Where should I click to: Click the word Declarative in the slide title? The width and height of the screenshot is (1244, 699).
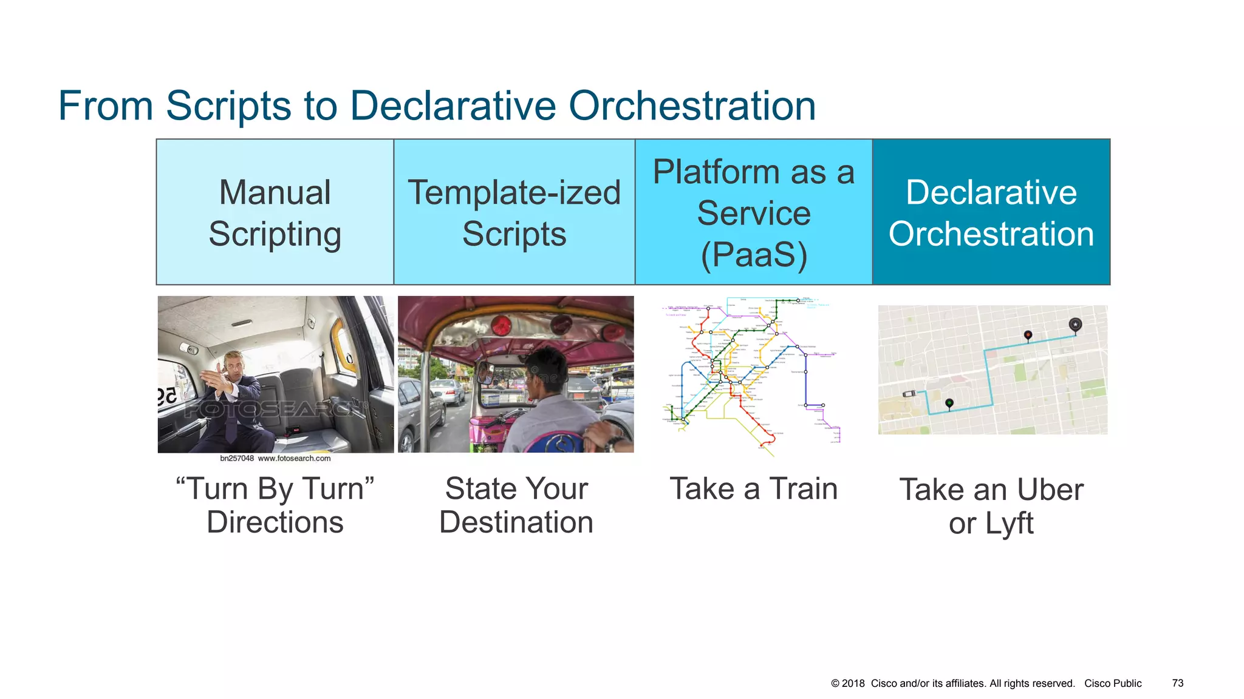point(453,106)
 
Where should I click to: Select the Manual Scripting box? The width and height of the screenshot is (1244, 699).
point(275,212)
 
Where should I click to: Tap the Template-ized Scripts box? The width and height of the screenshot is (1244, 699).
point(514,212)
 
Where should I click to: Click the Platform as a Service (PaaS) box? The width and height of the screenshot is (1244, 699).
point(753,212)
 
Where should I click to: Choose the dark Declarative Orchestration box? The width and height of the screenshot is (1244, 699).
point(991,212)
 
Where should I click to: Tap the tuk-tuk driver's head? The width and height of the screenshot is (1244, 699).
point(547,370)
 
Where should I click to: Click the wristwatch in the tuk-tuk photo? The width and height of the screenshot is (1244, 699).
point(615,443)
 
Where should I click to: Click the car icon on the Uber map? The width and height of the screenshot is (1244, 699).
point(909,394)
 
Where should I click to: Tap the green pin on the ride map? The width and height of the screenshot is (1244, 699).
point(949,403)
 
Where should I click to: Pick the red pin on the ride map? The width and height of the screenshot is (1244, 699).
point(1028,335)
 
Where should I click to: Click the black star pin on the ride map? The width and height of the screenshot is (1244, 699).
point(1075,325)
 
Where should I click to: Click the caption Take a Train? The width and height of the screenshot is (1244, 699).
point(753,489)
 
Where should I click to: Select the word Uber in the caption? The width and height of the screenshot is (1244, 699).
point(1050,490)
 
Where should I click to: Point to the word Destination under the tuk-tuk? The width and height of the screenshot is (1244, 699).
point(516,522)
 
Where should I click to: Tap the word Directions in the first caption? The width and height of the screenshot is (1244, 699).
point(275,522)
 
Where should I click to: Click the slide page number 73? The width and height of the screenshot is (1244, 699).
point(1177,683)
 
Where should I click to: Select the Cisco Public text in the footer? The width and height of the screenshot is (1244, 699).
point(1113,683)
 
